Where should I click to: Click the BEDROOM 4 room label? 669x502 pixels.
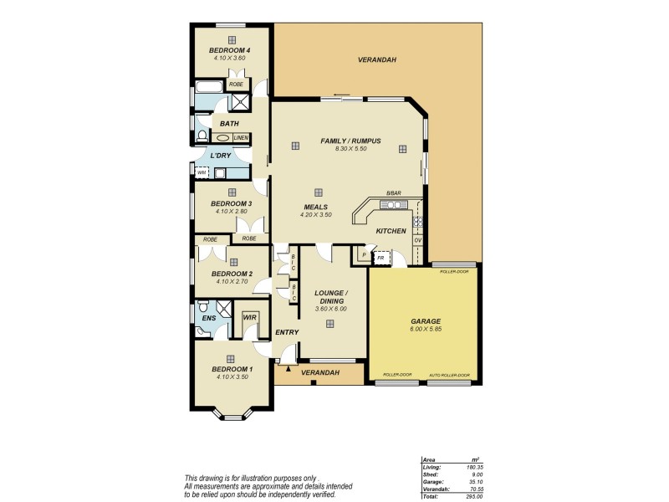[229, 50]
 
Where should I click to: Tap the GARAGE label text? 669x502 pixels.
[426, 321]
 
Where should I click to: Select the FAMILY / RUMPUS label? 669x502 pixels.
[350, 141]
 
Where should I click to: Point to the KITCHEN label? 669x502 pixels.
[391, 231]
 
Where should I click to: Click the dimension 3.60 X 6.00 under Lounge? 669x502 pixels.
[329, 309]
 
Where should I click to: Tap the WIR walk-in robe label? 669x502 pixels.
[249, 318]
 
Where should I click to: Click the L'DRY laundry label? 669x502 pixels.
[221, 156]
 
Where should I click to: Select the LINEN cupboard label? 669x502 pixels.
[241, 138]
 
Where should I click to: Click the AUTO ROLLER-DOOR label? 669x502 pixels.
[449, 376]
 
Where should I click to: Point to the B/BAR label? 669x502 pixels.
[394, 194]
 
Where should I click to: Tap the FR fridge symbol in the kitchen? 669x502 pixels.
[380, 258]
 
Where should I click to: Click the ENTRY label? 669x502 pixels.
[287, 332]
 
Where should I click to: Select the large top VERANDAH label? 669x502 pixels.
[376, 60]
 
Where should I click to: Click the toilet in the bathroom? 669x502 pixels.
[202, 136]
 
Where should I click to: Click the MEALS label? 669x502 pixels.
[315, 207]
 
